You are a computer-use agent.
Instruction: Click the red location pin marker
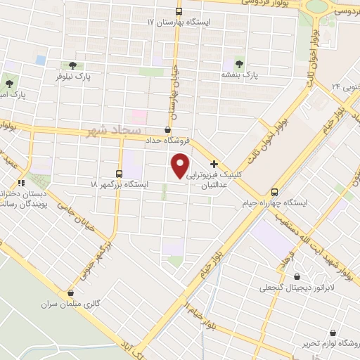tap(181, 165)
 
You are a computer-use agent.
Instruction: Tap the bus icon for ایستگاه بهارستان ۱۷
tap(179, 12)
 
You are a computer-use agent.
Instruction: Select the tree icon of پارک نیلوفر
tap(72, 65)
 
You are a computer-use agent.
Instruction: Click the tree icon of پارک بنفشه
tap(238, 63)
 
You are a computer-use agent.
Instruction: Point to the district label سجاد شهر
tap(112, 131)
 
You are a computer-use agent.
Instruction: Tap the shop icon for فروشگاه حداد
tap(167, 130)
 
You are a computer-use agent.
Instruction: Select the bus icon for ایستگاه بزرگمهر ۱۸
tap(118, 174)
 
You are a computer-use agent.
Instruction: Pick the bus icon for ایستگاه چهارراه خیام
tap(274, 193)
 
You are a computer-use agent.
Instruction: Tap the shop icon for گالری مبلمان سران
tap(70, 294)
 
